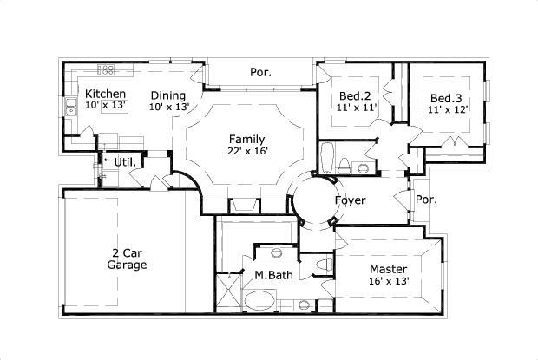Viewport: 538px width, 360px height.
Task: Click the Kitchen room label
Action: pyautogui.click(x=106, y=94)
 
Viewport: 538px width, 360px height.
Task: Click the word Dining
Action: pyautogui.click(x=167, y=95)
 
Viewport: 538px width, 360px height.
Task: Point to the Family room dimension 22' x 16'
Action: pyautogui.click(x=246, y=151)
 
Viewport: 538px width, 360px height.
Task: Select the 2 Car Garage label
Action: pyautogui.click(x=127, y=259)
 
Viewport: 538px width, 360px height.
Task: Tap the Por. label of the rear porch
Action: pyautogui.click(x=261, y=73)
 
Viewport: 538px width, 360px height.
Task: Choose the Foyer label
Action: pyautogui.click(x=350, y=200)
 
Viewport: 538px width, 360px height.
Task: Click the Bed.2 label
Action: pyautogui.click(x=355, y=95)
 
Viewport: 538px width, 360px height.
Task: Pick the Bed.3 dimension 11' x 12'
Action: pyautogui.click(x=449, y=109)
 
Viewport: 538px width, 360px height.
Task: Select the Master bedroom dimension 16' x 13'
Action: pyautogui.click(x=388, y=282)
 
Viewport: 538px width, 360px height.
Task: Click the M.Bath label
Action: pyautogui.click(x=272, y=275)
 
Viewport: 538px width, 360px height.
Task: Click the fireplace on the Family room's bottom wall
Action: pyautogui.click(x=242, y=205)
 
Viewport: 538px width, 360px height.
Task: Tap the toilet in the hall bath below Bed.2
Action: pyautogui.click(x=345, y=165)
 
